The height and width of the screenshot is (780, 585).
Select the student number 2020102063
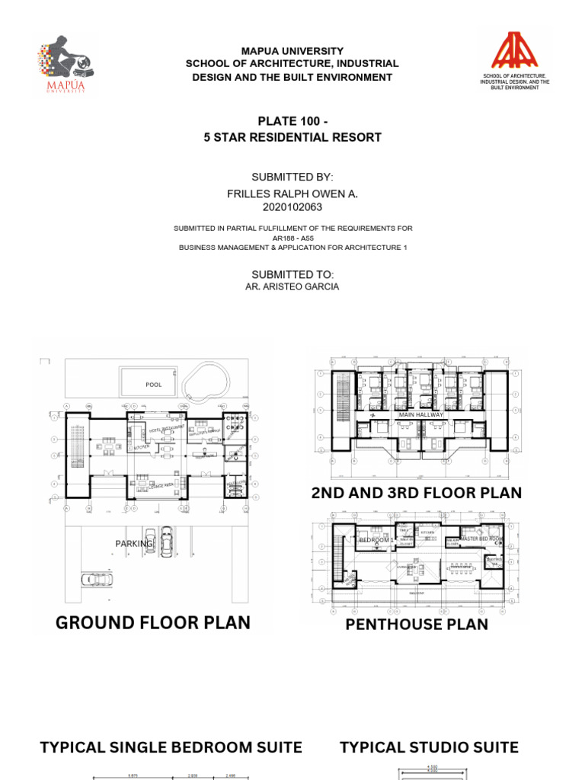point(292,206)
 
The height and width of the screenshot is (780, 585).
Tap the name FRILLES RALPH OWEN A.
point(292,194)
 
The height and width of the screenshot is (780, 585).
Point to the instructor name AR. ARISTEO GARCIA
point(292,286)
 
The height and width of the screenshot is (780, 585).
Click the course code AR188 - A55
point(292,238)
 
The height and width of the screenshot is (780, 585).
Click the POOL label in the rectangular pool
point(154,385)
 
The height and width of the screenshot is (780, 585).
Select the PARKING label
point(134,544)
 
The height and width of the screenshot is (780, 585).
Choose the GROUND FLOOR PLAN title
point(153,622)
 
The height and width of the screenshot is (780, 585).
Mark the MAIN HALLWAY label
point(420,414)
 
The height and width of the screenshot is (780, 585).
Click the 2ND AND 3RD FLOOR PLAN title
point(417,493)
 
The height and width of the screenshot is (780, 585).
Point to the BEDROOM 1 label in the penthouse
point(376,539)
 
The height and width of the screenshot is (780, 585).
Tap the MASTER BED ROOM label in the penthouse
point(481,539)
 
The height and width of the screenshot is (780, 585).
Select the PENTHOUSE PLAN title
point(417,625)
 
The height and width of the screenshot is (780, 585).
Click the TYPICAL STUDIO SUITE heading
point(429,747)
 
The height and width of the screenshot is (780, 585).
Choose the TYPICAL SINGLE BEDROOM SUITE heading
point(171,747)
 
